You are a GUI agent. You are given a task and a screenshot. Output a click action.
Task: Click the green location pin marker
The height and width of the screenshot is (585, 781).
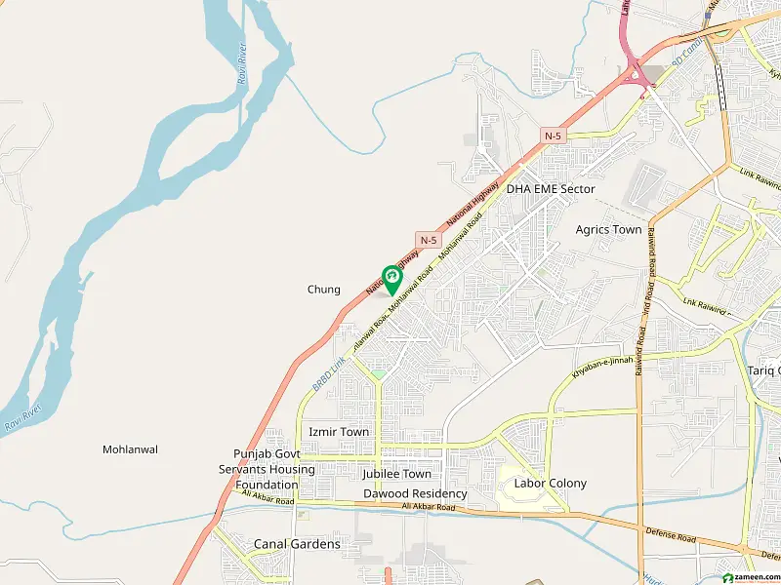coord(391,279)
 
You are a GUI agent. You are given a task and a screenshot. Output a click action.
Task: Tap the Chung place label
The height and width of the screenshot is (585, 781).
coord(324,290)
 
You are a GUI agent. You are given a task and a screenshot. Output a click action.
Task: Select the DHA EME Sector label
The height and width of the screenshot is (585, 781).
coord(551,189)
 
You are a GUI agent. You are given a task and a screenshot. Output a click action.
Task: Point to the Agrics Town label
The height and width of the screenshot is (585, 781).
coord(609,230)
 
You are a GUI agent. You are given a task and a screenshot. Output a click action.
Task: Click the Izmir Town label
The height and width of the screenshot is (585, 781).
coord(339,432)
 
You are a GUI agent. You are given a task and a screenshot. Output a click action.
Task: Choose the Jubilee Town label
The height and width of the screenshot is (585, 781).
coord(396,474)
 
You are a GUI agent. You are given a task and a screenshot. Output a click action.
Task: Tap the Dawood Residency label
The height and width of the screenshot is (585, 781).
coord(415,494)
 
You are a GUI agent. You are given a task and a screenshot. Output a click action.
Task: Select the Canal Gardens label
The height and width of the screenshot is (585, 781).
coord(297,544)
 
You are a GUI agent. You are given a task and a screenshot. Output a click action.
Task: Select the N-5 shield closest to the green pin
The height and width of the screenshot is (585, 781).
coord(429,239)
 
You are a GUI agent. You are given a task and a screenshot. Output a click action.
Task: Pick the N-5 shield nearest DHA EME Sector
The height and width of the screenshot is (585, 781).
coord(554,136)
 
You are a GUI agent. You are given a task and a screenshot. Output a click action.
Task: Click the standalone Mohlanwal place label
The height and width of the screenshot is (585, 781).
coord(130,449)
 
